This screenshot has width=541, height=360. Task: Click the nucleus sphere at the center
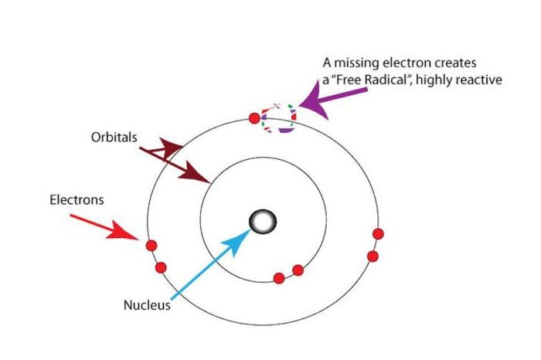[x=263, y=222]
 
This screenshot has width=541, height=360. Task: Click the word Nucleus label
[x=147, y=305]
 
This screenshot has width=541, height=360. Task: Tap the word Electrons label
[x=77, y=200]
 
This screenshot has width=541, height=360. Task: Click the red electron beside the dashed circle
[x=254, y=117]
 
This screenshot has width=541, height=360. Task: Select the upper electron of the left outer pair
[x=151, y=246]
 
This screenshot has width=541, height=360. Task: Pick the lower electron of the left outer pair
[x=161, y=267]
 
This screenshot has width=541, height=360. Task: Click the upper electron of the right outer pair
[x=378, y=234]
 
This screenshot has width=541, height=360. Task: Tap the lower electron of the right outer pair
[x=373, y=256]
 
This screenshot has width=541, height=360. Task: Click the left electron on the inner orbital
[x=279, y=278]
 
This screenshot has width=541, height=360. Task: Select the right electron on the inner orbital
[x=298, y=270]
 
